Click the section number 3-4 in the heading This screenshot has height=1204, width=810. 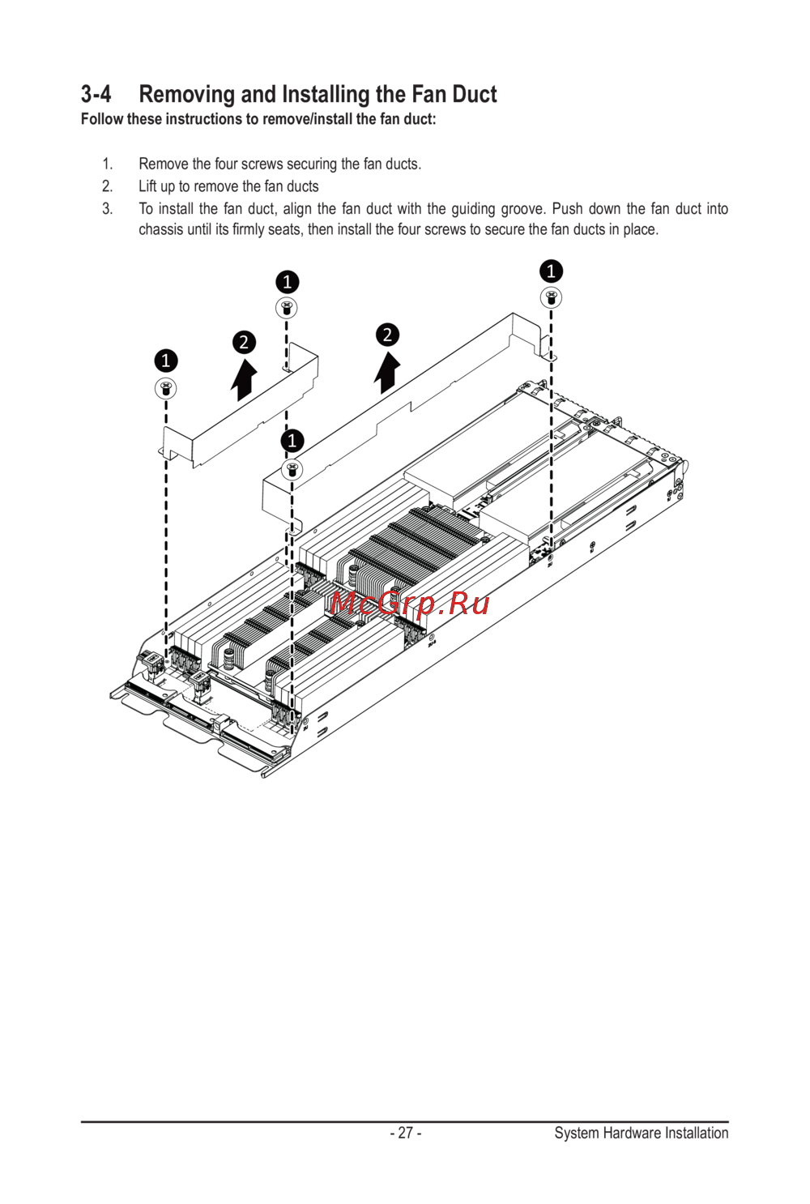click(96, 95)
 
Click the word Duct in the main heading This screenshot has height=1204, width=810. click(474, 95)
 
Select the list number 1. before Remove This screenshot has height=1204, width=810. click(108, 164)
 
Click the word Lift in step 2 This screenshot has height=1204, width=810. click(147, 186)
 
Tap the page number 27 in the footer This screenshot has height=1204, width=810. click(406, 1133)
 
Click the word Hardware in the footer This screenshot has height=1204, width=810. click(632, 1133)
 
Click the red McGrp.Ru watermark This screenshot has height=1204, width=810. click(410, 603)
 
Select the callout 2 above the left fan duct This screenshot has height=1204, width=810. click(244, 343)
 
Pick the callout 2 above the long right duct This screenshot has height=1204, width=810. click(387, 335)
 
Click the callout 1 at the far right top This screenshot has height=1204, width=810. click(551, 271)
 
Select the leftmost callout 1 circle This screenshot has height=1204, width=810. click(165, 360)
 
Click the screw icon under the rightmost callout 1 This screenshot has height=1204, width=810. click(551, 297)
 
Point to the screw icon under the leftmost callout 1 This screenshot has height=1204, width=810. click(165, 388)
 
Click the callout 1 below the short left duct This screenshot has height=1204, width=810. click(292, 441)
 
